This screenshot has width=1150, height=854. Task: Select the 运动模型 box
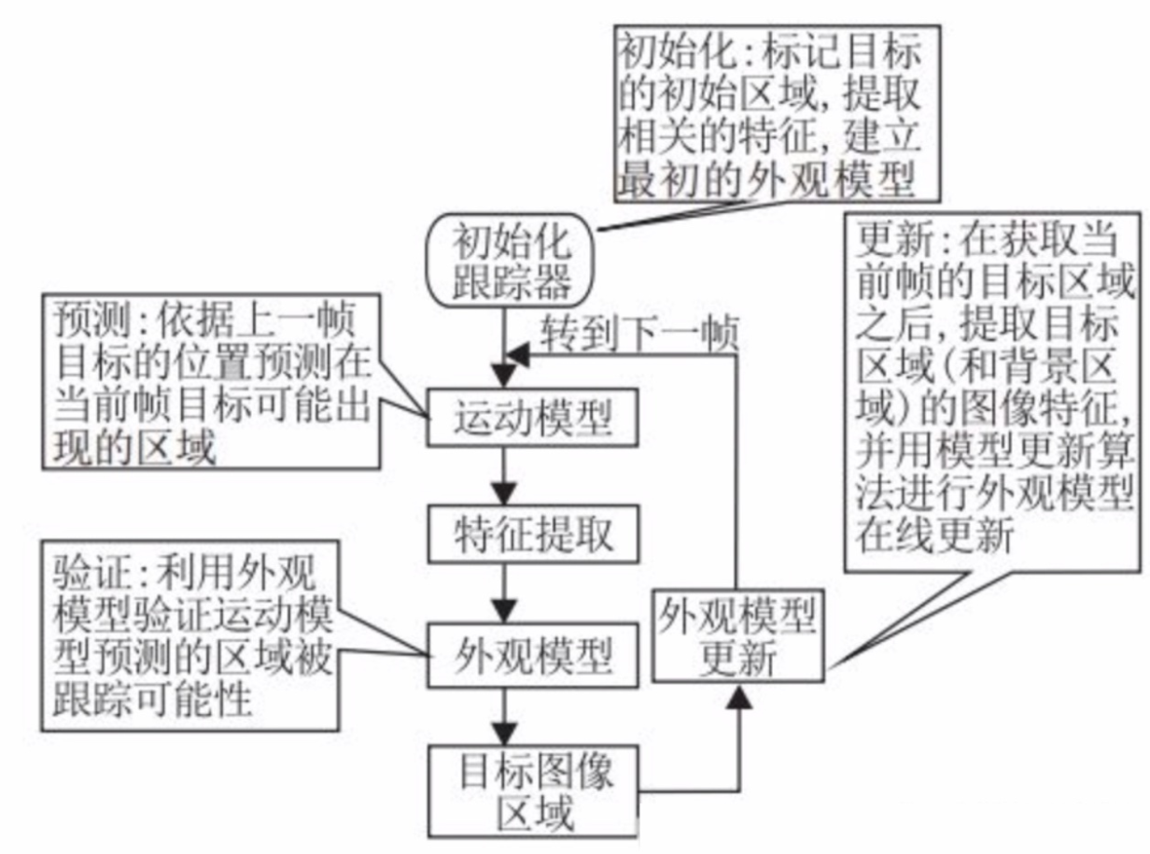click(533, 420)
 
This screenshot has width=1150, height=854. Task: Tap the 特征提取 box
click(533, 534)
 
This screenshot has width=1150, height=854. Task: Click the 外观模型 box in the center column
click(533, 656)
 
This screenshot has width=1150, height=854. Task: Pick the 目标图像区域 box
click(533, 790)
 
